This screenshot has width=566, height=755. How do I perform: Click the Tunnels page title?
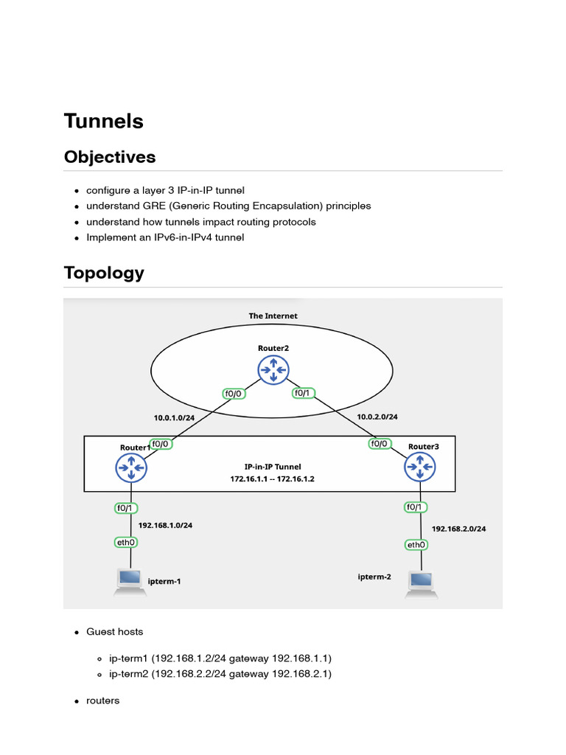[103, 122]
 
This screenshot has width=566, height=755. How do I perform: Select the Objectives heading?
[110, 157]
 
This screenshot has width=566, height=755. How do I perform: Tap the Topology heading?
[104, 273]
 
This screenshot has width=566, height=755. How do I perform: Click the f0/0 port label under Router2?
[235, 394]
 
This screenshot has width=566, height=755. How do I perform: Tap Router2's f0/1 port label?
[303, 393]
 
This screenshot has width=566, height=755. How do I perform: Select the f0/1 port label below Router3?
[415, 507]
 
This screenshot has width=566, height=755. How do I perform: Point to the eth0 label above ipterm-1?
[125, 542]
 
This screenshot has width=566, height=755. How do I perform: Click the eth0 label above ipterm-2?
[416, 545]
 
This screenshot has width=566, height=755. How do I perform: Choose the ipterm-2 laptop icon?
[422, 583]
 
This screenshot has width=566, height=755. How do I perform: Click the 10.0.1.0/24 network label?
[174, 418]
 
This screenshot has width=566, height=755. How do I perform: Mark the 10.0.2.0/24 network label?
[377, 417]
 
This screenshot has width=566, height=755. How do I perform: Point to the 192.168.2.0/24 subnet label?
[458, 529]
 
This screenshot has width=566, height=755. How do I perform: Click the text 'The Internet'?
[273, 316]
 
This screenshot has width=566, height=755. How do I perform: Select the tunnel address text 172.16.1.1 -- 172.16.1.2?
[273, 479]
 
